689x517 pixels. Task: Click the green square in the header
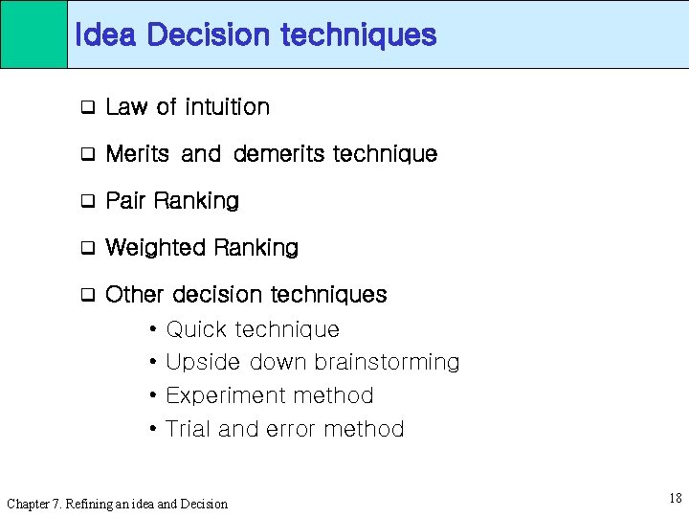pos(33,34)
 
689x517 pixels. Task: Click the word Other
pos(135,294)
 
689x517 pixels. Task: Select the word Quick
pos(197,330)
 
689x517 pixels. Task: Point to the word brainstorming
pos(387,363)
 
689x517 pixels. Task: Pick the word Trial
pos(189,429)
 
